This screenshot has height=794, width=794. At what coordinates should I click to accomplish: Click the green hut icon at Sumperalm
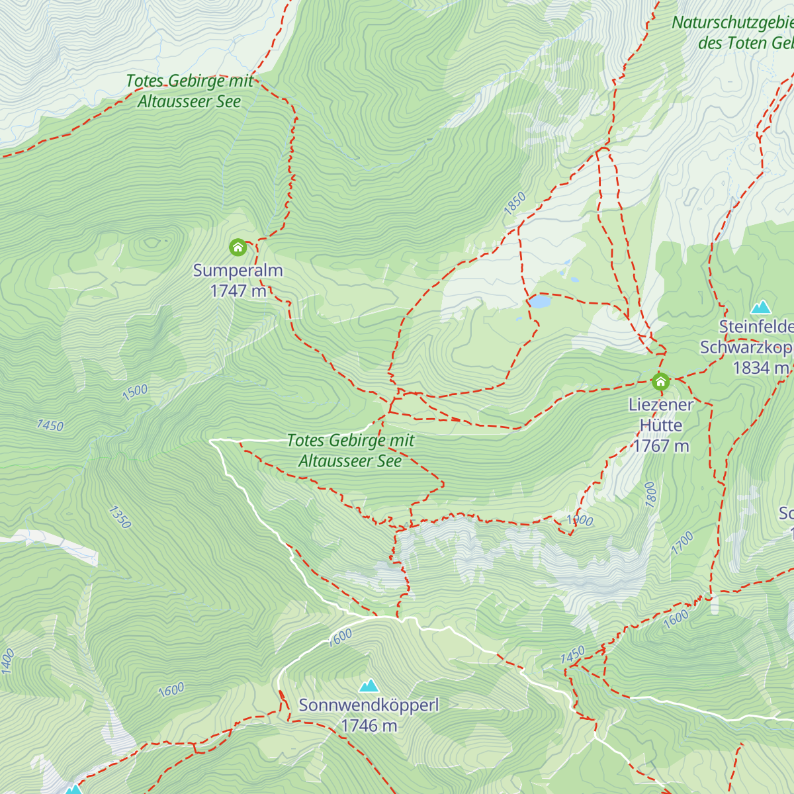238,247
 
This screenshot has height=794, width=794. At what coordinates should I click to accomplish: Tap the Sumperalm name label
238,270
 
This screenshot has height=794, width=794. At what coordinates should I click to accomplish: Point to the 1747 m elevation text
238,290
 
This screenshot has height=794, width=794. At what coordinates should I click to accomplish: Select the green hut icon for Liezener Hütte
660,381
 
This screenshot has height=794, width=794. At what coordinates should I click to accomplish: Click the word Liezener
661,404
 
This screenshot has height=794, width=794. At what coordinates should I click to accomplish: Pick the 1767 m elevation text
661,446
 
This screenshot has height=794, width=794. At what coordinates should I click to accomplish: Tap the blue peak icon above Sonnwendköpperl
369,685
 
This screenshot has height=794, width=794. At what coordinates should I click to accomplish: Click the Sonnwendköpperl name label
369,705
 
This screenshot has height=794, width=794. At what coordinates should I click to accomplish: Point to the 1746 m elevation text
369,726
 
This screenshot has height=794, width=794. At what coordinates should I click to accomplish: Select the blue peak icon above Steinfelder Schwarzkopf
761,306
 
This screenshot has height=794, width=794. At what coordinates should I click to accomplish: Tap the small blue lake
539,302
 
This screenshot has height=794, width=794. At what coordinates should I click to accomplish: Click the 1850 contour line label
514,202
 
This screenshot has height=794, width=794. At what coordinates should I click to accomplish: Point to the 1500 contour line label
135,392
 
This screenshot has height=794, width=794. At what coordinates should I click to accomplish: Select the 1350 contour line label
120,517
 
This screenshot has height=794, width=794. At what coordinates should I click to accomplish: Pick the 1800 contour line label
650,494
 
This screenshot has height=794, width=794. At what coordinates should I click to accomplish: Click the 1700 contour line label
682,543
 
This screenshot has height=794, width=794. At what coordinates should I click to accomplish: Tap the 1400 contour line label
7,662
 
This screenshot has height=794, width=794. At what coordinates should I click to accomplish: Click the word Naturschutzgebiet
731,22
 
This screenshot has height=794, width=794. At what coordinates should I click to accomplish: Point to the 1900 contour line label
580,520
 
